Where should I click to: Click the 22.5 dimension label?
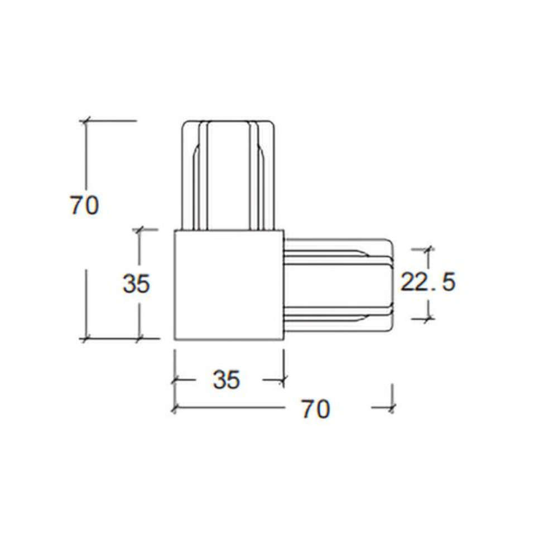428,282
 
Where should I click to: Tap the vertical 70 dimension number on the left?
85,205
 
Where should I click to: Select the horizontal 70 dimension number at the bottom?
316,409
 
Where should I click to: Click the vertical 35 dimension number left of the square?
136,283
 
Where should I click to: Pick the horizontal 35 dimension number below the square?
227,379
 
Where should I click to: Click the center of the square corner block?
229,285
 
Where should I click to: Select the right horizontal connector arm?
339,285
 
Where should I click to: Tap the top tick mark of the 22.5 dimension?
428,249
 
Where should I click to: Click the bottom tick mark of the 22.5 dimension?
428,319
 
